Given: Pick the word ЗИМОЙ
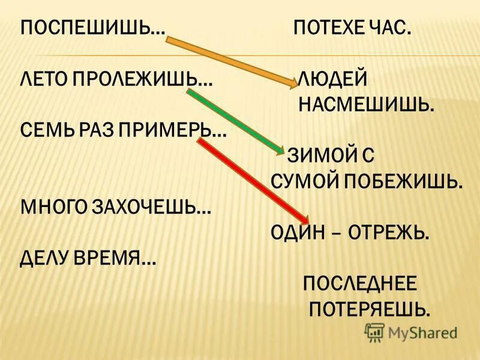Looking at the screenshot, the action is pos(321,155).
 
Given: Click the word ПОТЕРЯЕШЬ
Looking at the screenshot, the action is pos(369,308).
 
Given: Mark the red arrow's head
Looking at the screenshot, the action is pos(304,220).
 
